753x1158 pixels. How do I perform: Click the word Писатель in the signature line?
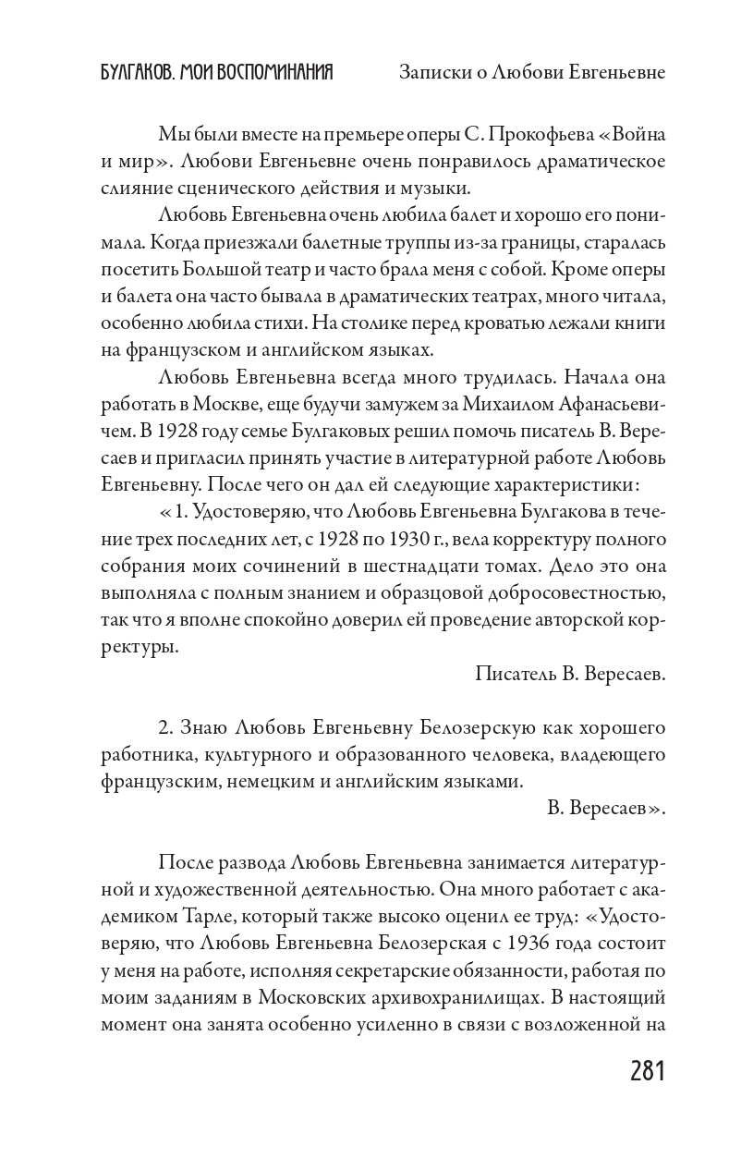click(x=515, y=674)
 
